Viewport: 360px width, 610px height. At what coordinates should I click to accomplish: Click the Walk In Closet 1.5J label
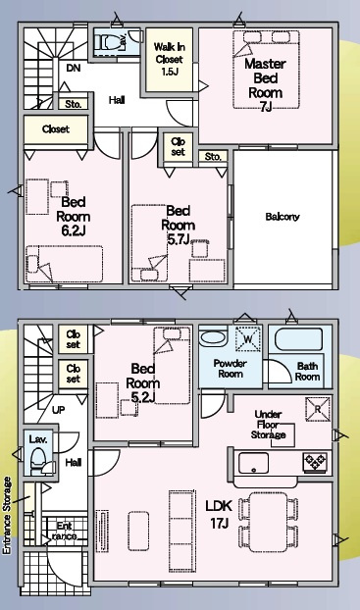coord(170,59)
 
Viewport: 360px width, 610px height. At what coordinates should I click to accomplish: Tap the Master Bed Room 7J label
coord(266,85)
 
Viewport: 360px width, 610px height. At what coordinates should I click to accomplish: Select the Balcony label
coord(283,217)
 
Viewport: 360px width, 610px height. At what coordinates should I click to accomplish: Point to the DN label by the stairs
coord(74,68)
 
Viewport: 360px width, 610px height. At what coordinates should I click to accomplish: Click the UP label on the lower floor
coord(59,410)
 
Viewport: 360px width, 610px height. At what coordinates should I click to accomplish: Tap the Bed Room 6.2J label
coord(74,217)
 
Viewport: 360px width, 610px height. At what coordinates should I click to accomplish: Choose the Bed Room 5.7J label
coord(179,226)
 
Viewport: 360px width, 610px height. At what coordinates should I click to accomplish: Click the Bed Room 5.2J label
coord(143,382)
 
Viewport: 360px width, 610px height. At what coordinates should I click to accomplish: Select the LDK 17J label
coord(219,514)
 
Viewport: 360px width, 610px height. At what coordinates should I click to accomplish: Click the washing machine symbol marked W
coord(248,338)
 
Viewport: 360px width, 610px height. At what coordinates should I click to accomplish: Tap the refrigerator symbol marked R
coord(318,409)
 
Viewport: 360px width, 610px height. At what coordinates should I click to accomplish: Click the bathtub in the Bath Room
coord(298,340)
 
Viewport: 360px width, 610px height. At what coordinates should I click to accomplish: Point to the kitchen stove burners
coord(315,462)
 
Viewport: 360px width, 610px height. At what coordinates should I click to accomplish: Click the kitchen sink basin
coord(253,463)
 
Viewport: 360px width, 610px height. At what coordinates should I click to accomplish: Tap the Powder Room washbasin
coord(213,338)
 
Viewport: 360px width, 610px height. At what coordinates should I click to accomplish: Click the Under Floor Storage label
coord(268,425)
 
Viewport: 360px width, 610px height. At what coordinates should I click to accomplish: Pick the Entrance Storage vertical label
coord(7,515)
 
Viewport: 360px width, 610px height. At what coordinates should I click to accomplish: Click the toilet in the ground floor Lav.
coord(38,461)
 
